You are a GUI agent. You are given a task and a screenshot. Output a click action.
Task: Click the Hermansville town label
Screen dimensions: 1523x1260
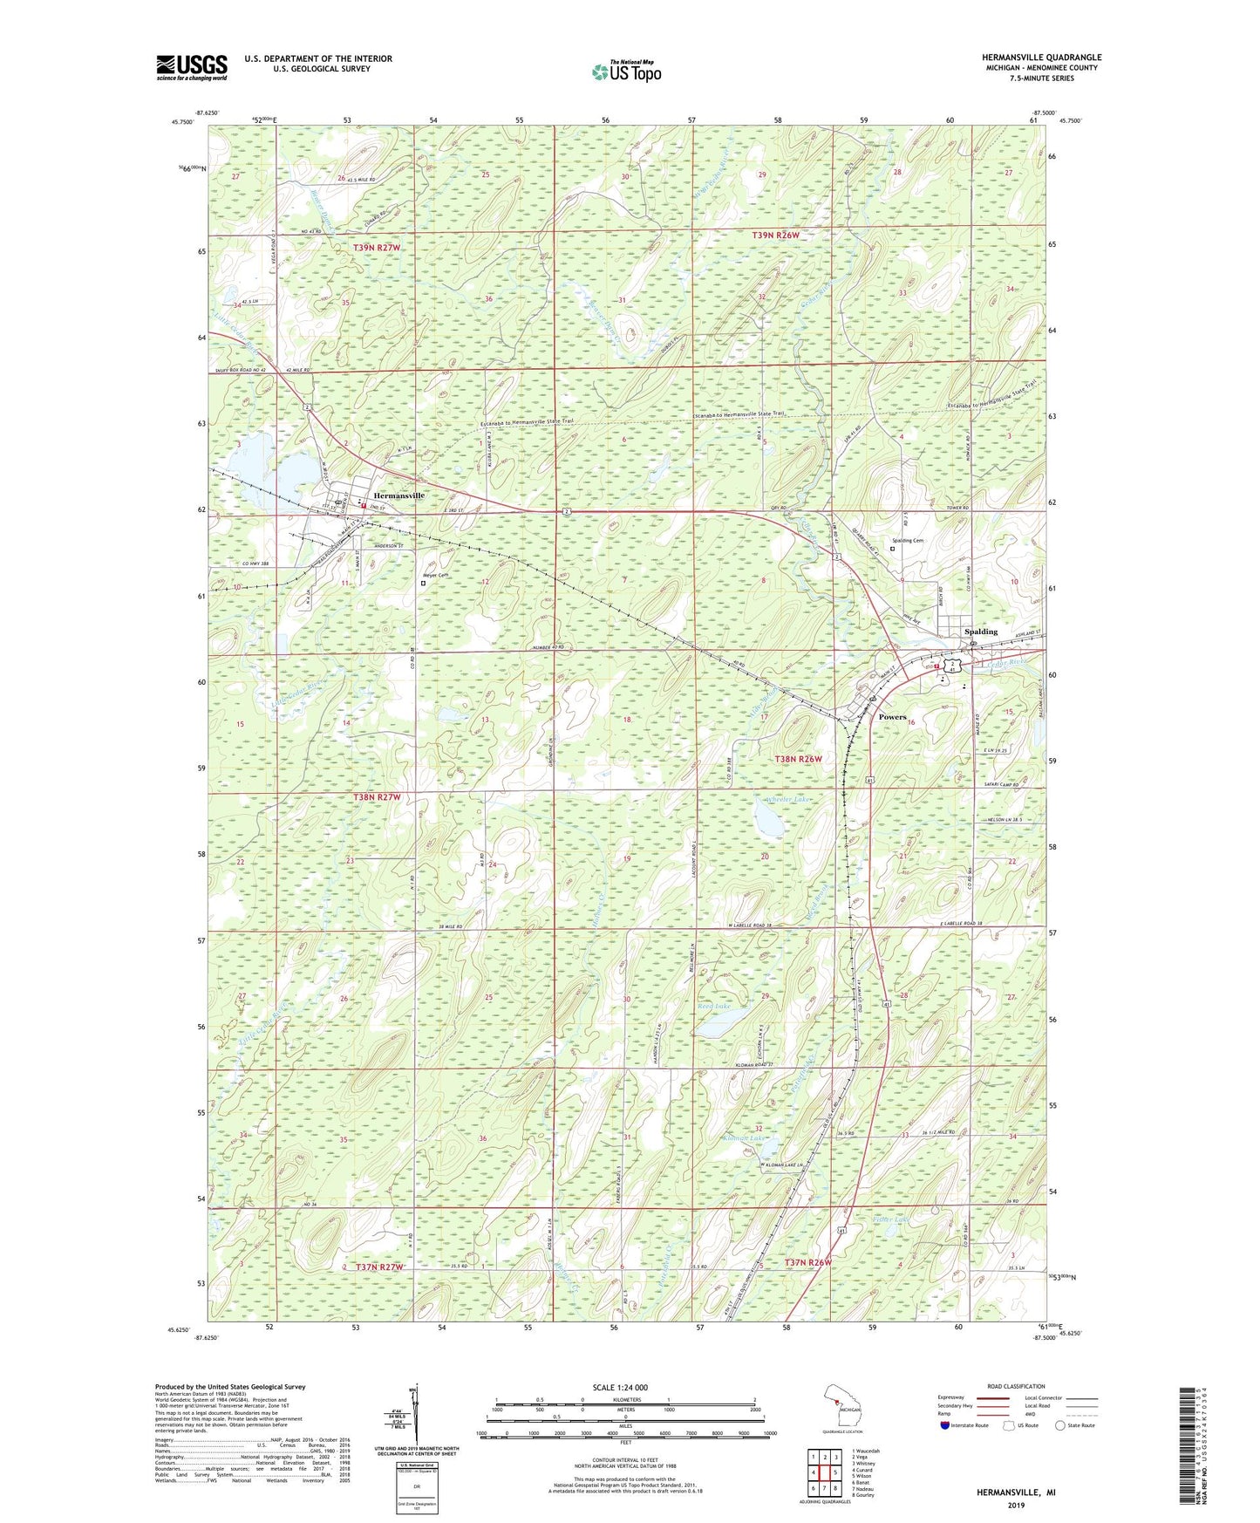click(x=399, y=495)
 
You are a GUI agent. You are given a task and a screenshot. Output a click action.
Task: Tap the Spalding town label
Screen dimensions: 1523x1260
click(x=980, y=632)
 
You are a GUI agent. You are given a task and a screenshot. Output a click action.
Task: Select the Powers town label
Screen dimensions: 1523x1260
click(x=892, y=717)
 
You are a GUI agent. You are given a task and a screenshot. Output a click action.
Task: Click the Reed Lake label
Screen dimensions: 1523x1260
click(x=713, y=1007)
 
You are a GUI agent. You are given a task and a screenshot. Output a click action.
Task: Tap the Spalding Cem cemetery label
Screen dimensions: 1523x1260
click(x=907, y=541)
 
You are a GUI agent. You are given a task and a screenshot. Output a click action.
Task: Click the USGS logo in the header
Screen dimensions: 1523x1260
click(x=192, y=67)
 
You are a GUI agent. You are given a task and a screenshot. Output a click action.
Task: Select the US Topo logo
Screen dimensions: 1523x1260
click(x=625, y=72)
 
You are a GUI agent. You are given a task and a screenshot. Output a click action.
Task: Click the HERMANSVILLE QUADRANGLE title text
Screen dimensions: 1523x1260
click(x=1041, y=58)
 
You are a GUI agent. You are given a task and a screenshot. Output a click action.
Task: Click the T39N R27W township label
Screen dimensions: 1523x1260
click(x=377, y=248)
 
